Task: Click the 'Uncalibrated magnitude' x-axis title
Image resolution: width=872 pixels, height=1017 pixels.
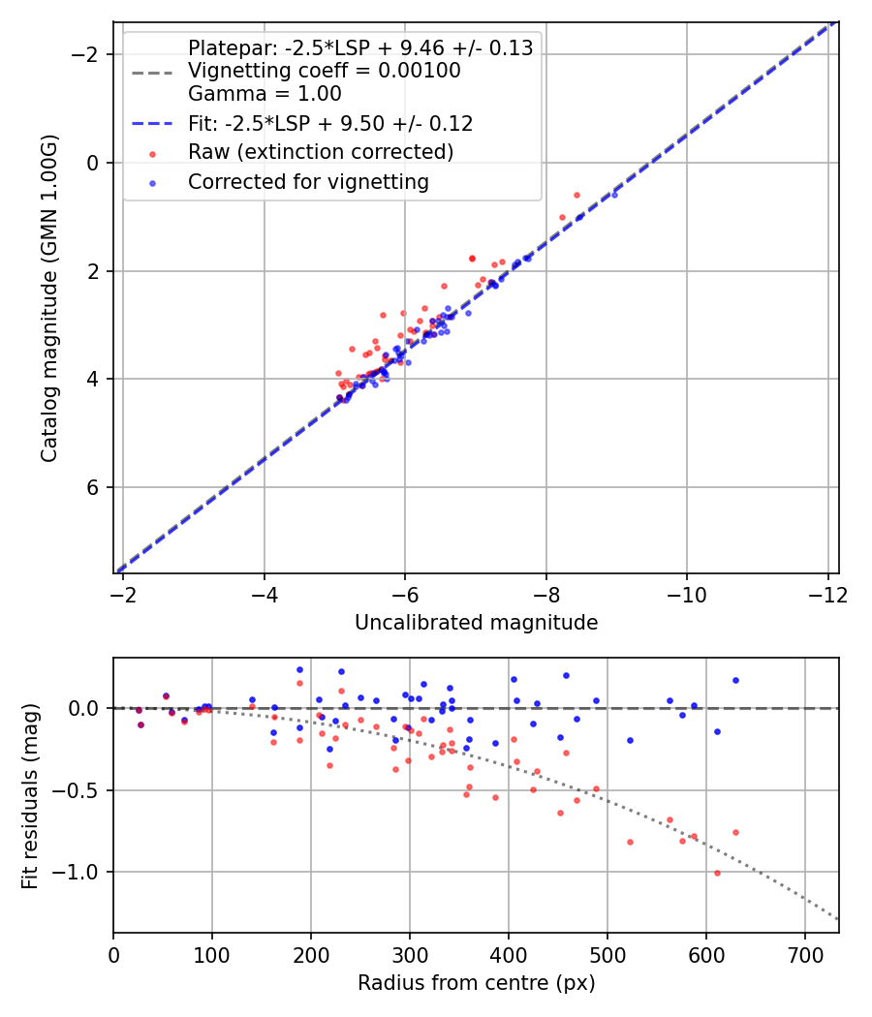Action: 476,623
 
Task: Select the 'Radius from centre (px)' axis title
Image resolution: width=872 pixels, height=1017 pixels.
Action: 476,983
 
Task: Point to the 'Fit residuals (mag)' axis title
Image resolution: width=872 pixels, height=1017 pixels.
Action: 29,795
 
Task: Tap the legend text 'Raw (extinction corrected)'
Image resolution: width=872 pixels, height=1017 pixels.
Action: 321,152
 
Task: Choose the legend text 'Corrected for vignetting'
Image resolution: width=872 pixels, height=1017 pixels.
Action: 308,181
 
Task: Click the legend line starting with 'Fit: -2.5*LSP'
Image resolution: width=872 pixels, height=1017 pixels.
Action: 330,124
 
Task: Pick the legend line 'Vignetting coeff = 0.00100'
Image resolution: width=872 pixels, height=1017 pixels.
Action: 325,71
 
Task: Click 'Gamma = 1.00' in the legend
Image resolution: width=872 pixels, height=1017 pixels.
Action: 265,95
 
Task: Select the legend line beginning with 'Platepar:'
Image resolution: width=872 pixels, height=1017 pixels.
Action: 360,48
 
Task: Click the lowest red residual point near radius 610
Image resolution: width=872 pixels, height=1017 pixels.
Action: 717,873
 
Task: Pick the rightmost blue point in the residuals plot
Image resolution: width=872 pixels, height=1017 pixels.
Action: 735,680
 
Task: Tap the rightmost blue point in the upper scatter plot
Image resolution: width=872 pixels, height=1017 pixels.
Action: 614,195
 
